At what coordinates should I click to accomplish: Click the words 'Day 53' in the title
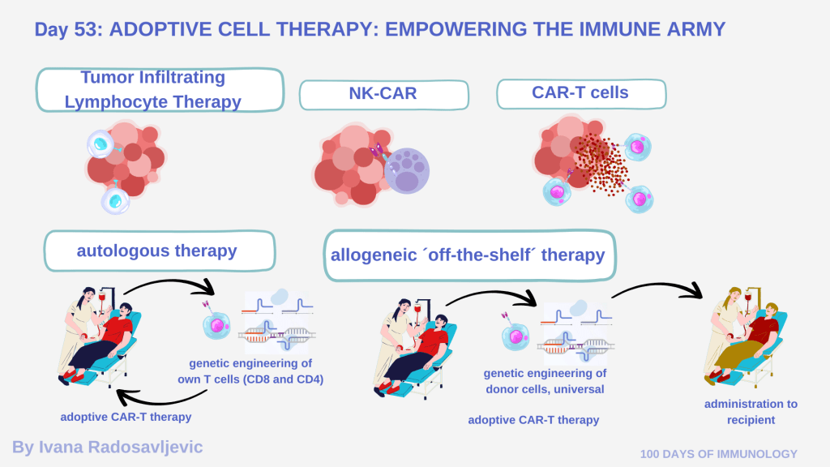click(x=66, y=30)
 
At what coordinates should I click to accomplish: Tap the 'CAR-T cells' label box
click(x=580, y=93)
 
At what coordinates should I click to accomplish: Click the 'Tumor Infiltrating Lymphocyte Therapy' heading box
click(x=160, y=89)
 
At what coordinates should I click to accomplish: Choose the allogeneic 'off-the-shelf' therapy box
click(x=468, y=255)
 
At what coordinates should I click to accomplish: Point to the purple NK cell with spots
click(x=406, y=169)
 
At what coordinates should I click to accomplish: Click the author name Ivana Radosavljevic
click(x=107, y=447)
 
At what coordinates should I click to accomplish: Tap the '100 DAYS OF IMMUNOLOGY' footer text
click(x=718, y=454)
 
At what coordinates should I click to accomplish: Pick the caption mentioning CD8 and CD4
click(x=250, y=371)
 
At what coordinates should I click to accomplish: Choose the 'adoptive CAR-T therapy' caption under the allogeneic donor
click(x=533, y=419)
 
